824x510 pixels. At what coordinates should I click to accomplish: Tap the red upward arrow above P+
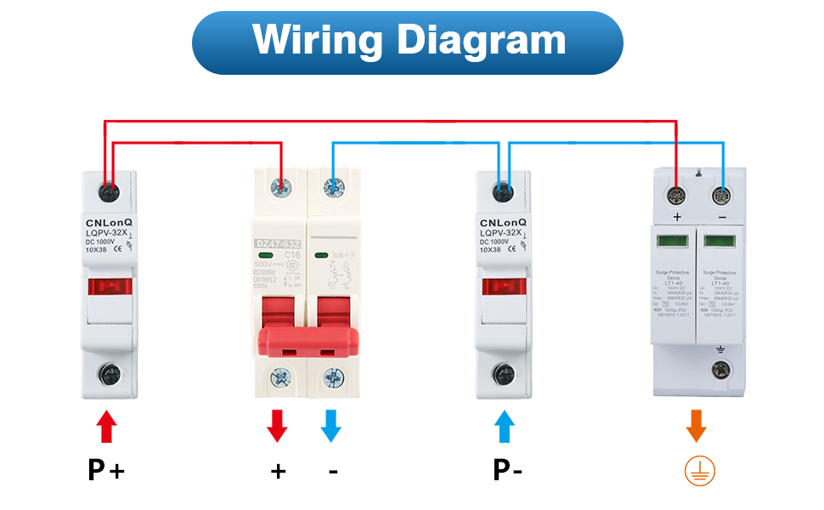[106, 426]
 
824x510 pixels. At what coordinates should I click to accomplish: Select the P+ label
[106, 470]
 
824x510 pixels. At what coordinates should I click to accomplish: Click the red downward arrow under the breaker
[277, 426]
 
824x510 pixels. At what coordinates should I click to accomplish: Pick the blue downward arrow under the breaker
[331, 426]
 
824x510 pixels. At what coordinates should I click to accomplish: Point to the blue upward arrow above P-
[505, 426]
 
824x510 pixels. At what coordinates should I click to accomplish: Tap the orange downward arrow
[697, 426]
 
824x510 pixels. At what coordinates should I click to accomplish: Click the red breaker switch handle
[307, 338]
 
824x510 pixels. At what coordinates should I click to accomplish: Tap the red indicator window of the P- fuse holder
[504, 287]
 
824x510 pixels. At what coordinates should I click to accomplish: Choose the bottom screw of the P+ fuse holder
[108, 372]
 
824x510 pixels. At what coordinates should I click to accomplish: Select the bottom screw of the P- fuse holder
[504, 372]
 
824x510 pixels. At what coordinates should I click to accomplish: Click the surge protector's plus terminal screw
[677, 195]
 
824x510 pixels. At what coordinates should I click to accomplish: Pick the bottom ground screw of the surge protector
[721, 369]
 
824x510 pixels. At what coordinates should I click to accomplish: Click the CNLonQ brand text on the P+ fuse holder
[108, 222]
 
